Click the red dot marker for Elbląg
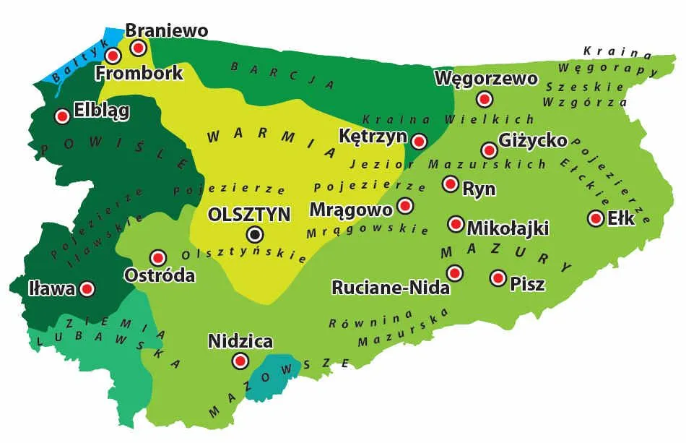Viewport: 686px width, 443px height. coord(62,116)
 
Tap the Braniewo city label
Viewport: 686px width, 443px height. coord(167,30)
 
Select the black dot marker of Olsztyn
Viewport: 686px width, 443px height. coord(255,234)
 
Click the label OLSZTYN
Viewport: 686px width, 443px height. coord(248,215)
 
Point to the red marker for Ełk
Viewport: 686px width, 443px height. coord(596,218)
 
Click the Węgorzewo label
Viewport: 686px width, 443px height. coord(486,78)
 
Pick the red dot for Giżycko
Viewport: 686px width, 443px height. coord(490,150)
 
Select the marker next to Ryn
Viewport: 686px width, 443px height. coord(451,184)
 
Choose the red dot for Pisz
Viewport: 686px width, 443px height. coord(498,278)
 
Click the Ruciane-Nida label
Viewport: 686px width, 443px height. coord(391,288)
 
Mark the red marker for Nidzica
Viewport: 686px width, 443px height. coord(240,361)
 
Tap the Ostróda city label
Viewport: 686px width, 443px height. coord(160,275)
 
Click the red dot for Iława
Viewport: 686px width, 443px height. coord(87,289)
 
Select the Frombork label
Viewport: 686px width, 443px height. coord(139,73)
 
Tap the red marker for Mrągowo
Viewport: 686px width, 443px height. coord(405,207)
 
